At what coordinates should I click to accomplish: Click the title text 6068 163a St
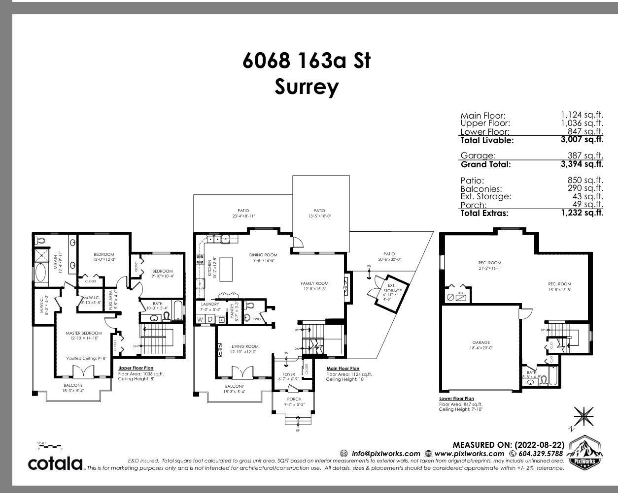click(x=306, y=61)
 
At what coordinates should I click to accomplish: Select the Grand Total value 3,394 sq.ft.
click(x=582, y=164)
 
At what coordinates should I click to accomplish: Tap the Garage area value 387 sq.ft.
click(x=585, y=156)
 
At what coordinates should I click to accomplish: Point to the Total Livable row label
click(x=487, y=140)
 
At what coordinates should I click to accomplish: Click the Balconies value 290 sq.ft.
click(x=585, y=188)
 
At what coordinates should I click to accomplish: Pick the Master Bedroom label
click(x=84, y=333)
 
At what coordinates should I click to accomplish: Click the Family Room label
click(x=314, y=283)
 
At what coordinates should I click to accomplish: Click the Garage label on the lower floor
click(x=481, y=342)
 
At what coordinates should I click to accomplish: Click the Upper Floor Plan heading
click(x=136, y=368)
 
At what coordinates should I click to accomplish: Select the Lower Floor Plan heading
click(x=456, y=399)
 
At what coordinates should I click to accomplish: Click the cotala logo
click(x=55, y=463)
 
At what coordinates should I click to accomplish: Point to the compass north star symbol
click(x=584, y=417)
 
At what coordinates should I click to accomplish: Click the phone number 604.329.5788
click(x=540, y=454)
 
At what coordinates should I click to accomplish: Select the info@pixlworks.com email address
click(x=385, y=454)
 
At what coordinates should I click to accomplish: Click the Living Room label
click(x=245, y=346)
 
